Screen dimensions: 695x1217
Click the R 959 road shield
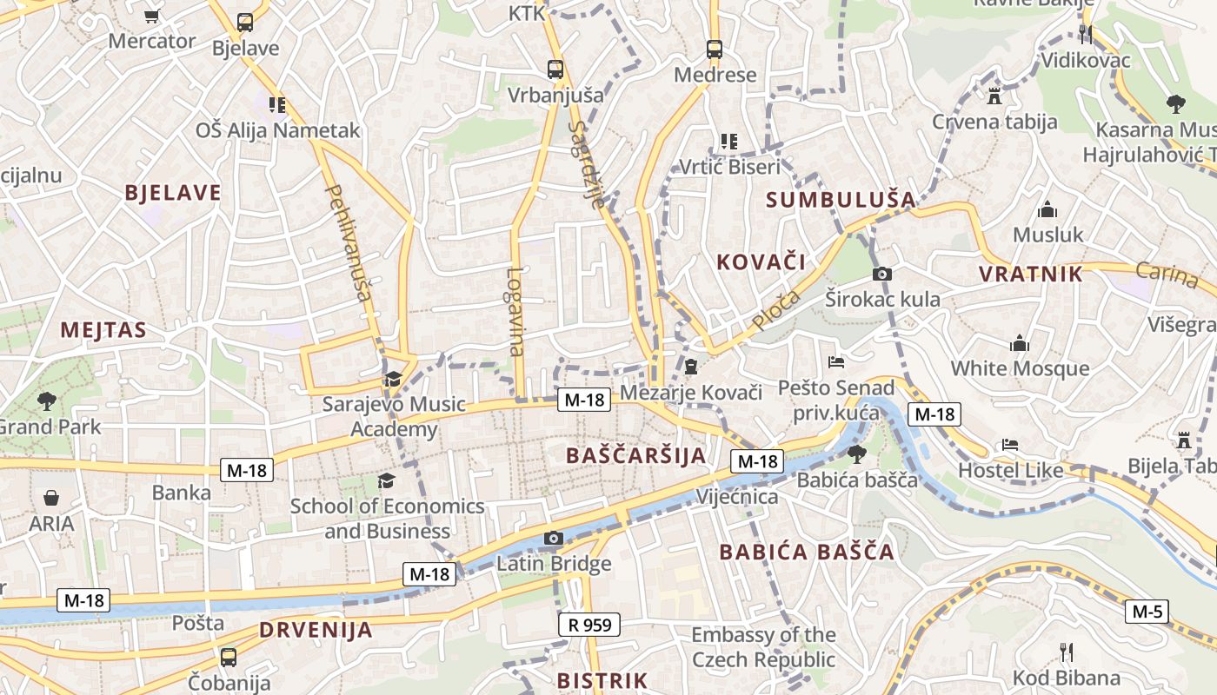(589, 624)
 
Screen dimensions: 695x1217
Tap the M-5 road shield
(1147, 612)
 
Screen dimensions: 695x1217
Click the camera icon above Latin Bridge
(553, 539)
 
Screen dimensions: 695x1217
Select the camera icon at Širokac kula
(881, 275)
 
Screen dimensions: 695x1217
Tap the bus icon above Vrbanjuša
(555, 69)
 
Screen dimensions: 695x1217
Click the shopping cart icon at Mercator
(152, 16)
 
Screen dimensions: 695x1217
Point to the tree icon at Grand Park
(46, 401)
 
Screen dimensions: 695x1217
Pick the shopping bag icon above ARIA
(51, 499)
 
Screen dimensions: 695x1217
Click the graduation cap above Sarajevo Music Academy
(393, 379)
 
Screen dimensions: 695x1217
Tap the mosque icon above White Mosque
(1020, 344)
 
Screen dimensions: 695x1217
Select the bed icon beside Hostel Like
(1009, 444)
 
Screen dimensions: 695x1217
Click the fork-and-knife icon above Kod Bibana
(1067, 652)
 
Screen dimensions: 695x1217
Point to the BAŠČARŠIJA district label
(635, 455)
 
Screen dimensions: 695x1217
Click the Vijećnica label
(737, 497)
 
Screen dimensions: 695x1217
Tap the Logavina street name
(515, 311)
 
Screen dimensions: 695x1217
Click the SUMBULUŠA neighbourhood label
(841, 200)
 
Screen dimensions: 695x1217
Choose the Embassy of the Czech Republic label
(763, 647)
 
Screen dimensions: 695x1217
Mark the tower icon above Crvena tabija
(994, 95)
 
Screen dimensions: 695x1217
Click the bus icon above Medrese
(715, 50)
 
